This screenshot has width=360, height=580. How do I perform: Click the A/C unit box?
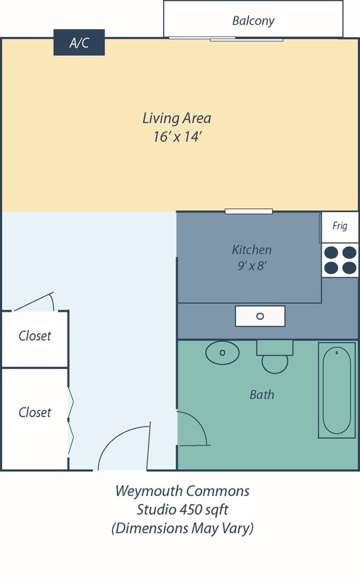click(x=79, y=43)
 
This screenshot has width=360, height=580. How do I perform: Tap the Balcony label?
click(x=253, y=21)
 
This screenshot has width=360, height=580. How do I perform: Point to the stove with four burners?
click(x=340, y=260)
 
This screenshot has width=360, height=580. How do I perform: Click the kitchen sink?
click(x=260, y=316)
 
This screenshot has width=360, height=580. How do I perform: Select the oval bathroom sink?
click(x=222, y=352)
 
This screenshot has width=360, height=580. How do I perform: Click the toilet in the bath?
click(x=275, y=356)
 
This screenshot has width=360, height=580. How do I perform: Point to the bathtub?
click(x=337, y=390)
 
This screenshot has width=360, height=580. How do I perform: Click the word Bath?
click(x=262, y=395)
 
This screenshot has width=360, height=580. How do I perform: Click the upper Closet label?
click(x=35, y=336)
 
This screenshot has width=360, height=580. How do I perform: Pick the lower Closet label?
click(x=35, y=412)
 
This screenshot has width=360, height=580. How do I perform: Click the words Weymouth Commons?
click(x=182, y=492)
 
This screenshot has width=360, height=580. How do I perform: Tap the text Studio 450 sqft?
click(x=182, y=510)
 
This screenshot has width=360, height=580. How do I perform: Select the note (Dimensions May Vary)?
click(x=182, y=528)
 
